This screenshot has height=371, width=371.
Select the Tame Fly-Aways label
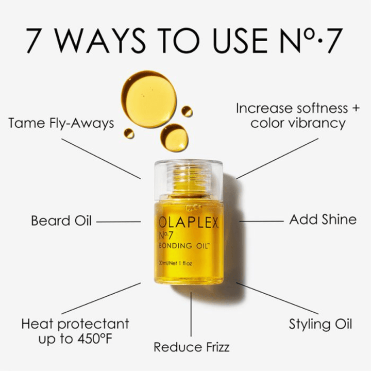pyautogui.click(x=61, y=124)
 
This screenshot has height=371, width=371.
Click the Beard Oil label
pyautogui.click(x=61, y=221)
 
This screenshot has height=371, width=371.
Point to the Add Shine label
pyautogui.click(x=323, y=220)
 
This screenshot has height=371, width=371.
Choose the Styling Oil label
pyautogui.click(x=320, y=324)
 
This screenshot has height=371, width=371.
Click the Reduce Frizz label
pyautogui.click(x=191, y=347)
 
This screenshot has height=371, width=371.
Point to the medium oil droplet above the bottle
pyautogui.click(x=174, y=137)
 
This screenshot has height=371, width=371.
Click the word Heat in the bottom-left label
pyautogui.click(x=39, y=324)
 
